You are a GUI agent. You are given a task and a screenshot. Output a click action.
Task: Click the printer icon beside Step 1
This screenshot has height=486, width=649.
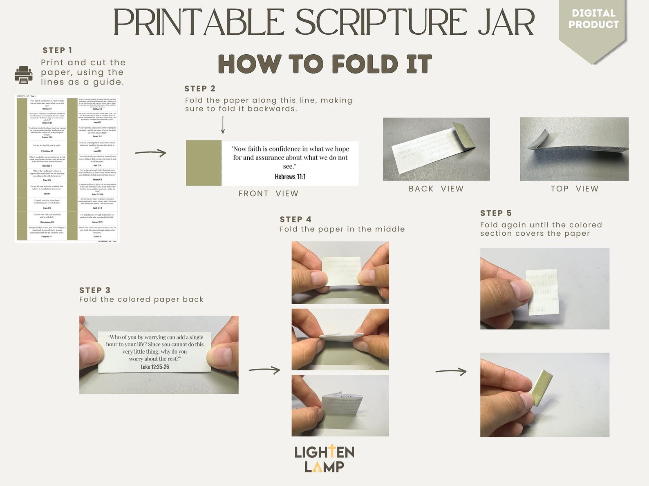[23, 75]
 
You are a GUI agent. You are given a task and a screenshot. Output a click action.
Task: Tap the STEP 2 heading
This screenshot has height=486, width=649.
[199, 89]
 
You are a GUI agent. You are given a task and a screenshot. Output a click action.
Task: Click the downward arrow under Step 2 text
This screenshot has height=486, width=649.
[223, 125]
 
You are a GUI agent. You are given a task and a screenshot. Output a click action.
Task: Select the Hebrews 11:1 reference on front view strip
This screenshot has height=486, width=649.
[290, 177]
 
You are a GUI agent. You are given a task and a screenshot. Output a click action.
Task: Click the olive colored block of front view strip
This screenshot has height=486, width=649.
[204, 163]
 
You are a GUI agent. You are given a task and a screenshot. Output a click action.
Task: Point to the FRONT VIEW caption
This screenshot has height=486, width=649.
[268, 194]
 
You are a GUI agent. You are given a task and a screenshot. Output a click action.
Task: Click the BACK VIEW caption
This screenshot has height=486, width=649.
[436, 189]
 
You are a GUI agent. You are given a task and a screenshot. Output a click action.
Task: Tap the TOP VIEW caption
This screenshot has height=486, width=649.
[574, 189]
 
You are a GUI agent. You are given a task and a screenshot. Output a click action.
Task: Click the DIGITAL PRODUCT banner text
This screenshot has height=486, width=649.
[593, 19]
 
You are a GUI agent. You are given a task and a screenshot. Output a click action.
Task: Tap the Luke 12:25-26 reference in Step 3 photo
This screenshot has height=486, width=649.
[154, 367]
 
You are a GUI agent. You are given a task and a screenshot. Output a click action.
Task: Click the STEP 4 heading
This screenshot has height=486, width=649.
[295, 219]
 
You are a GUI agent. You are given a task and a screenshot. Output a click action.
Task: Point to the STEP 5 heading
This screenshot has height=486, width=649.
[496, 213]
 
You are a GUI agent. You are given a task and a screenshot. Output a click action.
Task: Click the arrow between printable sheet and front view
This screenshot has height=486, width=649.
[150, 153]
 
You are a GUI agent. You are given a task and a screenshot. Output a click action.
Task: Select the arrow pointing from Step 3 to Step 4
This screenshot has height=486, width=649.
[264, 370]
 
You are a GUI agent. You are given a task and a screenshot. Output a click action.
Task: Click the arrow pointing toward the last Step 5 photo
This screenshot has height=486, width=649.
[451, 372]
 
